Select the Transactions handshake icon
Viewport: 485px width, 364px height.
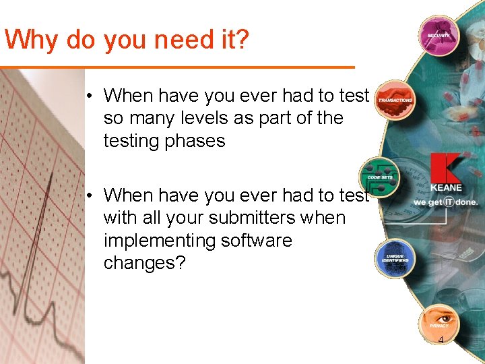coord(395,100)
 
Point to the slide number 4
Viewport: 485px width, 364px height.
coord(441,340)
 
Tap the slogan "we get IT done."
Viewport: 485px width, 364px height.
coord(445,202)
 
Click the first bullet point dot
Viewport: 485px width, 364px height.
coord(89,96)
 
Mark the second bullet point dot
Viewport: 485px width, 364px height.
coord(89,195)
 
